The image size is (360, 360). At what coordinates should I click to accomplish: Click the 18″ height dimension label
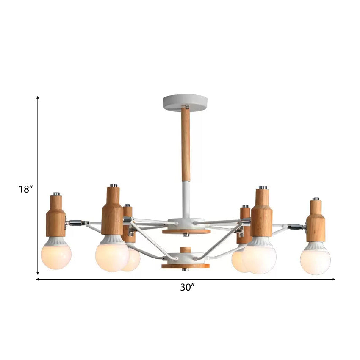click(26, 189)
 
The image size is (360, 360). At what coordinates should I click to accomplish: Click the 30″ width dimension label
click(187, 287)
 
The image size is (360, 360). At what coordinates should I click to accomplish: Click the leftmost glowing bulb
click(56, 256)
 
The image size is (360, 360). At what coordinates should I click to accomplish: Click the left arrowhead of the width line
click(38, 280)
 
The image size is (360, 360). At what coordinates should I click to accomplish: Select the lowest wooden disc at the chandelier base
click(185, 266)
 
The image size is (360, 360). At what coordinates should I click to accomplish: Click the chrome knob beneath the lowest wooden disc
click(185, 269)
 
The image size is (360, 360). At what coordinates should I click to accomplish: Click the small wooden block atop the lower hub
click(185, 250)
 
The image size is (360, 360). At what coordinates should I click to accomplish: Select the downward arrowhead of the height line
click(38, 273)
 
